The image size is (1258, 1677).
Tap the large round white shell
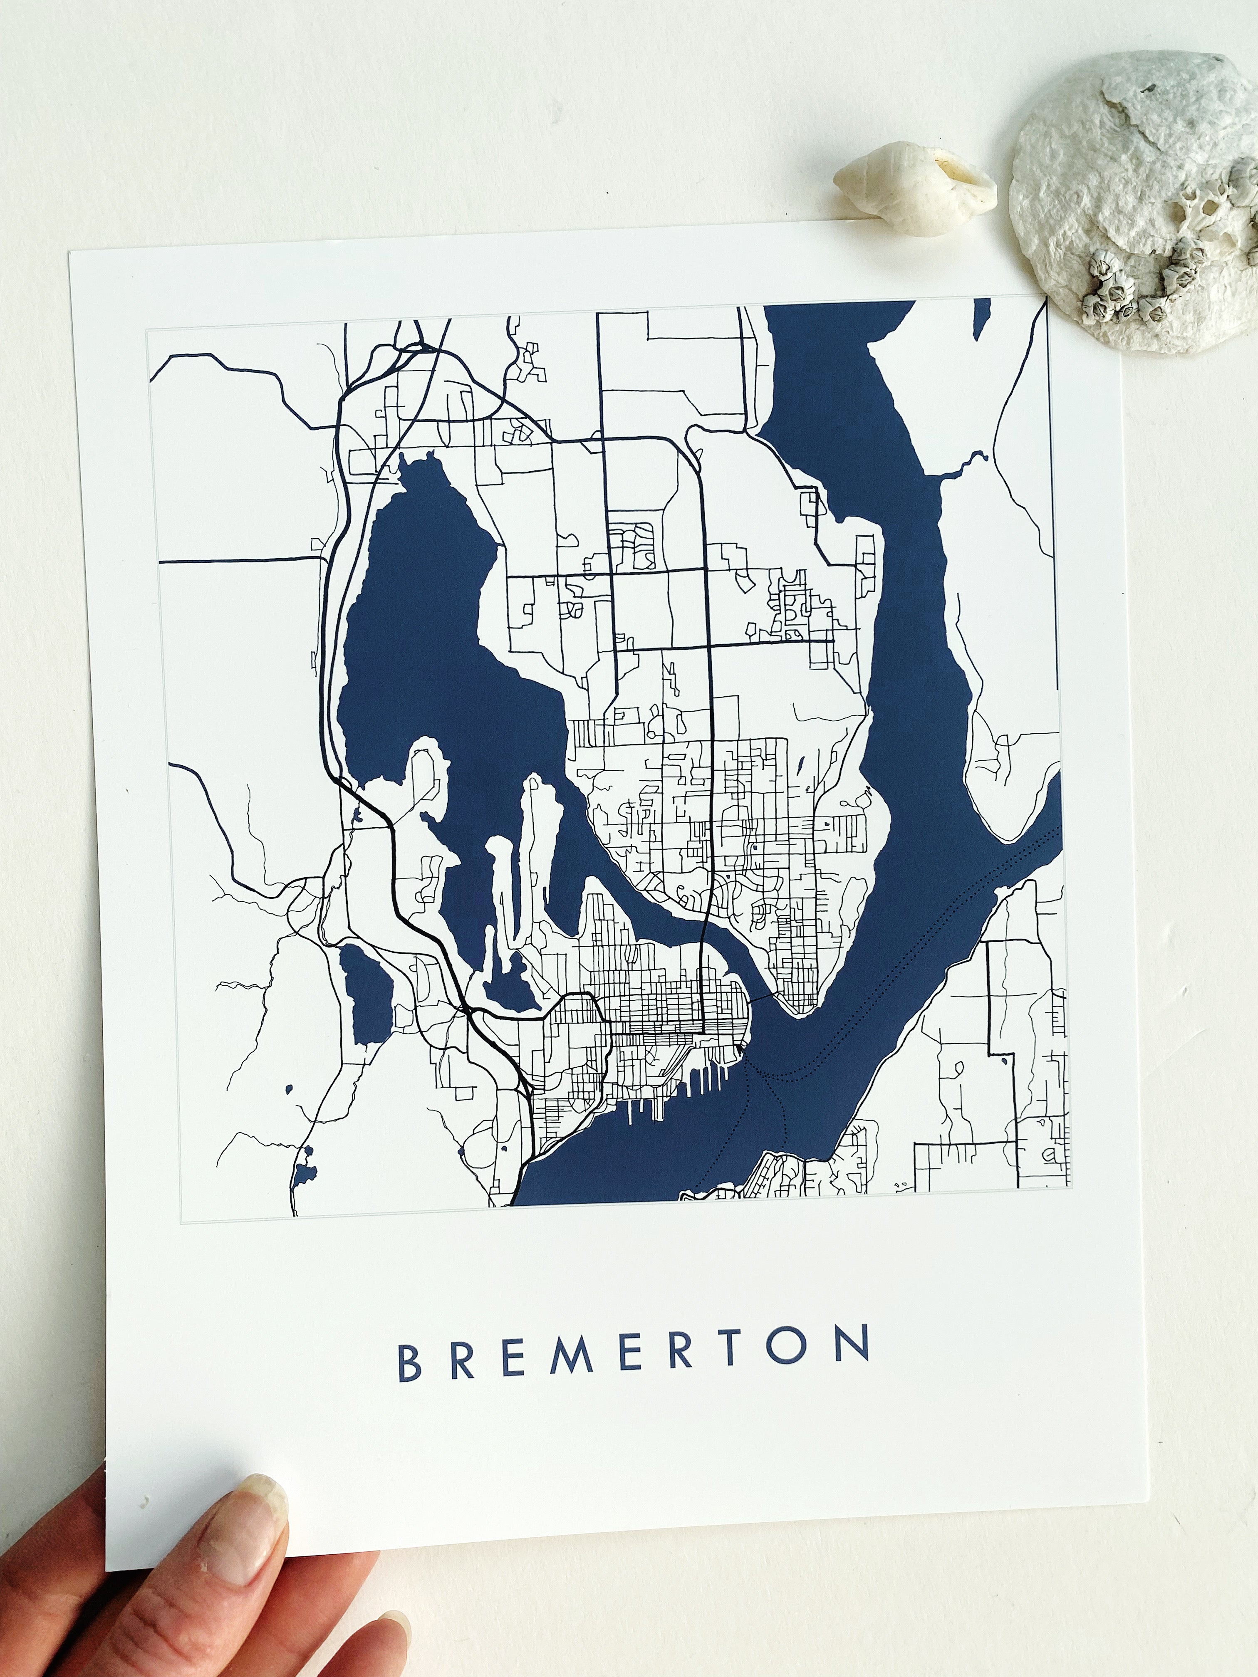1137,197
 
